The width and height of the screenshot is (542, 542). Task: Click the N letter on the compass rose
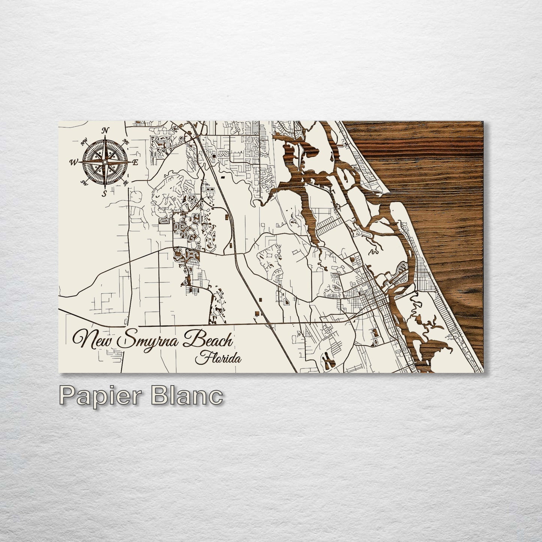pos(106,131)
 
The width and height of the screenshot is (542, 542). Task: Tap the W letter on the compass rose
pos(72,162)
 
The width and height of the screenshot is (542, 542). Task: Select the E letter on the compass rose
pos(137,162)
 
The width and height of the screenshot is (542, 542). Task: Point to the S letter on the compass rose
pos(105,194)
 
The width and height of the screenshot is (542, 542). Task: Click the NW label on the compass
pos(84,141)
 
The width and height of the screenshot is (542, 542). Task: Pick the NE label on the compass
pos(126,142)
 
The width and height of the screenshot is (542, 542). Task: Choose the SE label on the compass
pos(126,183)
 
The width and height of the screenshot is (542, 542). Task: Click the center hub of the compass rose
pos(105,162)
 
